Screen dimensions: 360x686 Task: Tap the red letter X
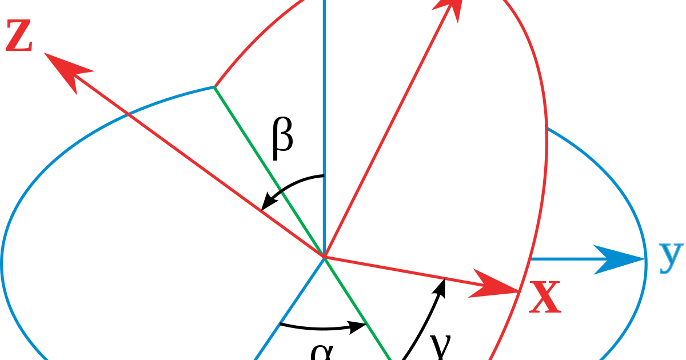click(x=544, y=298)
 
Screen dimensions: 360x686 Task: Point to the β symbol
click(x=282, y=139)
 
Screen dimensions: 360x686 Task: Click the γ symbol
click(x=441, y=346)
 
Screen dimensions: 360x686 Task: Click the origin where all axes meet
click(x=325, y=258)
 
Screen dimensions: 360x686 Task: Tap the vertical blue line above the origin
click(x=325, y=114)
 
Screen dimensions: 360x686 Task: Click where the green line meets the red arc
click(x=214, y=87)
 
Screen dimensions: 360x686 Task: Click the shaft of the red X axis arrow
click(x=400, y=271)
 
